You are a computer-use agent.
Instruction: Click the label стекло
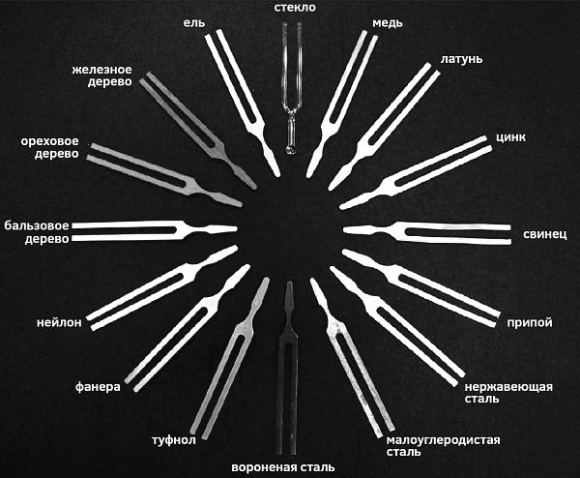click(x=295, y=8)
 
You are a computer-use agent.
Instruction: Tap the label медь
click(x=388, y=23)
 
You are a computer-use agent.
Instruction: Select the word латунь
click(x=461, y=59)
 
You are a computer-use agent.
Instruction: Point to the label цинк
click(x=510, y=137)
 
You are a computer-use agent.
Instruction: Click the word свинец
click(x=544, y=234)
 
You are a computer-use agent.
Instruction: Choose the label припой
click(x=530, y=322)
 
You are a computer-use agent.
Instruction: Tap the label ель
click(x=194, y=23)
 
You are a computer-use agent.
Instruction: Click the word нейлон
click(x=59, y=322)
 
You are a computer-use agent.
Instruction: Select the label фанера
click(x=98, y=387)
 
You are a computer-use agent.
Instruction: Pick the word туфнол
click(x=174, y=440)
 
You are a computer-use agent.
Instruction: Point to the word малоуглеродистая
click(x=443, y=440)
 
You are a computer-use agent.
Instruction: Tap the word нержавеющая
click(x=508, y=387)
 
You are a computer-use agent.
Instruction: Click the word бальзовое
click(x=37, y=225)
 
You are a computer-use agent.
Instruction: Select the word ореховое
click(x=49, y=141)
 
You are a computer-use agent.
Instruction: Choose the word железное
click(x=101, y=70)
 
